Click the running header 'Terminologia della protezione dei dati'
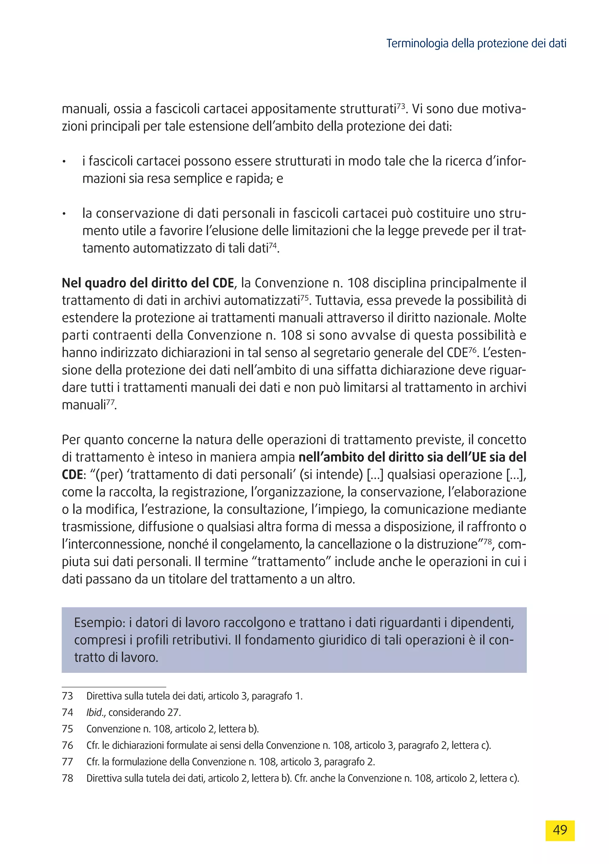tap(476, 44)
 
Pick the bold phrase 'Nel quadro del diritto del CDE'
tap(148, 283)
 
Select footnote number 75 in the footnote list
tap(68, 729)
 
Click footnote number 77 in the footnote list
tap(68, 762)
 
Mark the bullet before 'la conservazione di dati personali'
tap(65, 214)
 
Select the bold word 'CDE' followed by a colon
tap(72, 475)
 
